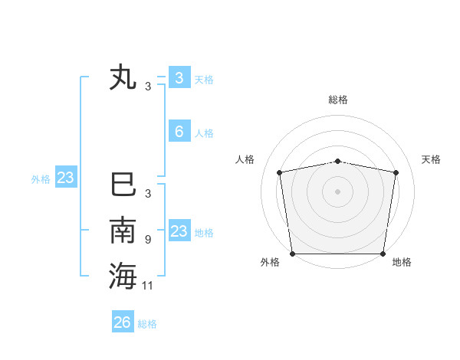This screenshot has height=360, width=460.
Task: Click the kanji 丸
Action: point(123,78)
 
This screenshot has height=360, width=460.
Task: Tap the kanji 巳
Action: point(123,185)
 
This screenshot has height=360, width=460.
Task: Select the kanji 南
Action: point(123,231)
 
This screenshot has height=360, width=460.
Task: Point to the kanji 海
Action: point(123,276)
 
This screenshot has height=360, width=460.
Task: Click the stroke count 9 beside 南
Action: point(147,240)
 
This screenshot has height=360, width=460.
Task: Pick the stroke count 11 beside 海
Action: point(148,286)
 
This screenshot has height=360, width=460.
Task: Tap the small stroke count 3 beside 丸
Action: point(148,87)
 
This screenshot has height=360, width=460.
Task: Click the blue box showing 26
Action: point(123,322)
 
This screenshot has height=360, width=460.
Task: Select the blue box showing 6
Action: point(179,132)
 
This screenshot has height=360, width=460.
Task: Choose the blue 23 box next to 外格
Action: point(66,178)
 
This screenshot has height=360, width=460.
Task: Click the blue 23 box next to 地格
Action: point(179,231)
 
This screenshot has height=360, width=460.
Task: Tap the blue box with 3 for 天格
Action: point(179,77)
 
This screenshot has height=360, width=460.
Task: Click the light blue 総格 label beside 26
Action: point(147,324)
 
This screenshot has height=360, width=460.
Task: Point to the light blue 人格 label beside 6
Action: point(204,133)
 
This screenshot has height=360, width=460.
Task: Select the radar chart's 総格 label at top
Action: point(337,100)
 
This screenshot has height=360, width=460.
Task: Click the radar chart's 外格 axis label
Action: point(270,262)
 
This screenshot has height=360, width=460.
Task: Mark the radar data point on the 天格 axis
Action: point(396,172)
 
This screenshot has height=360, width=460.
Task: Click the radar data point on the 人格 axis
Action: point(280,172)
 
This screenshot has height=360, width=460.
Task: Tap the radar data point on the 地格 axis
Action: point(383,254)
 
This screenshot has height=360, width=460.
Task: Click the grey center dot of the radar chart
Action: point(337,191)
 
